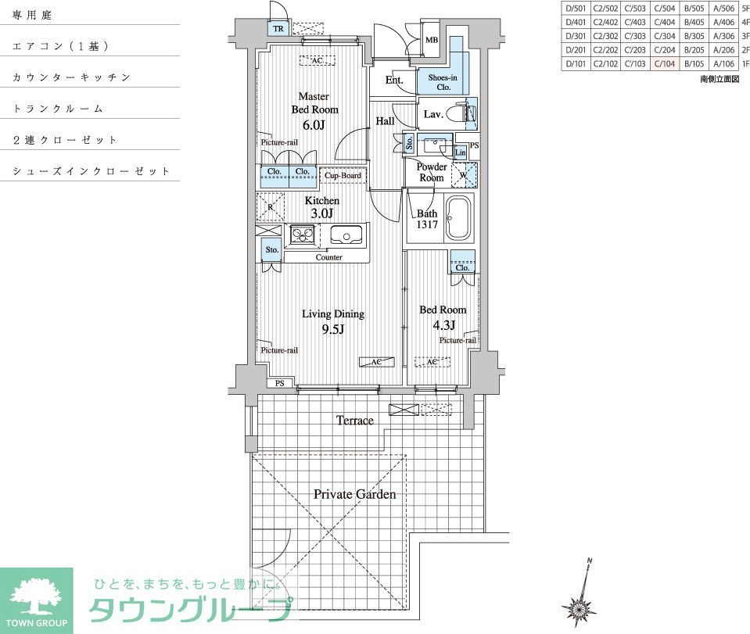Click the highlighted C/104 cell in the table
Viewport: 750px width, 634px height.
coord(664,64)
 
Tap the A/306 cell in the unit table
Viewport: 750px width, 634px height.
coord(723,36)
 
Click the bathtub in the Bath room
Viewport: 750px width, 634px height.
coord(458,218)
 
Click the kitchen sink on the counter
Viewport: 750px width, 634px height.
coord(345,234)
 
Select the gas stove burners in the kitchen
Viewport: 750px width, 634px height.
coord(302,234)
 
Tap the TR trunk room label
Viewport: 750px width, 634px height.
coord(278,29)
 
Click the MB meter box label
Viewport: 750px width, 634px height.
coord(431,40)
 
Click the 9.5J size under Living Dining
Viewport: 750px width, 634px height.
coord(332,329)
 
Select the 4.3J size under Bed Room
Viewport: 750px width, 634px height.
coord(442,324)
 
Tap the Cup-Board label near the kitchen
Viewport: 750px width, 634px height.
coord(343,176)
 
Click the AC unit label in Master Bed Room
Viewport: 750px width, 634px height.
coord(317,60)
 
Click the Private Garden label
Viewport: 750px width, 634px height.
coord(354,494)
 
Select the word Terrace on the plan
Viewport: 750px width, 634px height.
coord(354,421)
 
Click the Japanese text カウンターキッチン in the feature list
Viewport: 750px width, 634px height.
coord(71,77)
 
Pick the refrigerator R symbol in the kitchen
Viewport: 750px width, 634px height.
coord(270,207)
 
